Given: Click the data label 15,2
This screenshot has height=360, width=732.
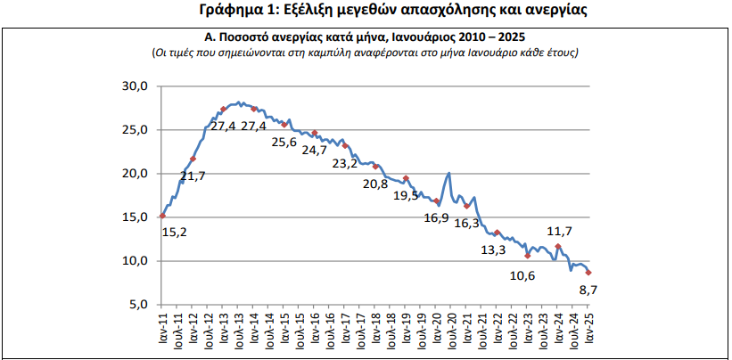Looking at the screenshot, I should [174, 233].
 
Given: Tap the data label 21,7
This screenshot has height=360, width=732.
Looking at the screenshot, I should [193, 176].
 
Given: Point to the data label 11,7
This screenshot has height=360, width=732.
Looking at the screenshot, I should [558, 232].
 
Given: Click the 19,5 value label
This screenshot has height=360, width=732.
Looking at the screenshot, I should [407, 196].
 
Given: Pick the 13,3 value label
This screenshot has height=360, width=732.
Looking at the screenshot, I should [493, 250].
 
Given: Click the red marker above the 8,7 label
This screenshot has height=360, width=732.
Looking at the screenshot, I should [588, 273].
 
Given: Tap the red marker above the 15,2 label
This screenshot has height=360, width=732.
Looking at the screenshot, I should [162, 216].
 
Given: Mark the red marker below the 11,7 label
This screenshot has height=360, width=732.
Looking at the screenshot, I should [558, 246].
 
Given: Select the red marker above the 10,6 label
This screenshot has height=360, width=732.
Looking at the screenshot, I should [528, 256].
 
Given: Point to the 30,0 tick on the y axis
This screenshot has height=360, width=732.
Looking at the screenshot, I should [135, 86].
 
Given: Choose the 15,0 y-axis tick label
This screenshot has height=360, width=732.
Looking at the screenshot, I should [135, 217].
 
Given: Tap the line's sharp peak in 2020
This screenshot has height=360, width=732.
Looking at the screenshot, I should [448, 173].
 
